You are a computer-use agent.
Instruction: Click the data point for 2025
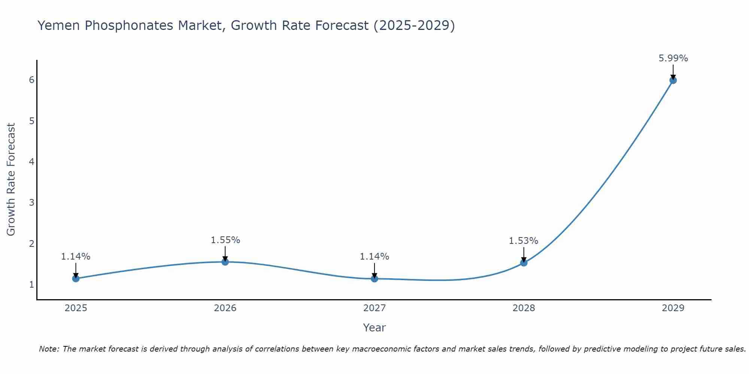(x=76, y=278)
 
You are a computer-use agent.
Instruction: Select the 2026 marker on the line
(x=225, y=262)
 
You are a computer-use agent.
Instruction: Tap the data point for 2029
(x=673, y=80)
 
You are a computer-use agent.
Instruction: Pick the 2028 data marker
(x=524, y=263)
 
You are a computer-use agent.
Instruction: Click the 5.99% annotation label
(x=673, y=58)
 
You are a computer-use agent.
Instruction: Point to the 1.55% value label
(x=225, y=240)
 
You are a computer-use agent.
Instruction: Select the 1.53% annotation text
(x=523, y=241)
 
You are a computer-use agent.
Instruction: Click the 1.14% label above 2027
(x=374, y=257)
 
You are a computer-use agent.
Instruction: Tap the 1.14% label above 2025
(x=76, y=257)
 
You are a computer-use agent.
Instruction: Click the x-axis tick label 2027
(x=374, y=308)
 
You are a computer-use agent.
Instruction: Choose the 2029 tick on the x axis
(x=673, y=308)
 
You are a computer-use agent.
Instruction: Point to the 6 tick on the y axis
(x=31, y=80)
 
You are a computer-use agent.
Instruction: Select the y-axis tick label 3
(x=31, y=203)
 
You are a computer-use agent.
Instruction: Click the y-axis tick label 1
(x=31, y=285)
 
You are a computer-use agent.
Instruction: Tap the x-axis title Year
(x=374, y=328)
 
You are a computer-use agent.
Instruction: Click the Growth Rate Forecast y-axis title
(x=11, y=180)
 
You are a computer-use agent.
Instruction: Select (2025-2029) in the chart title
(x=414, y=25)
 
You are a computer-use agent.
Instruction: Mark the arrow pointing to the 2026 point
(x=225, y=253)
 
